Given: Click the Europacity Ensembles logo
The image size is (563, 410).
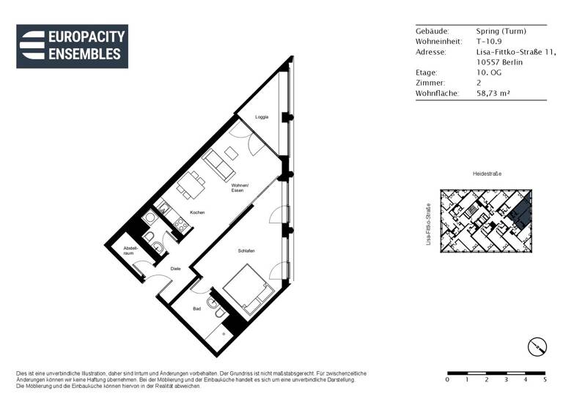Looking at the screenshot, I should [72, 45].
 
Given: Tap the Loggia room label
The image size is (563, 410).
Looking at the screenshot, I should [262, 117].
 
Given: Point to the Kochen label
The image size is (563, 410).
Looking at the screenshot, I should [197, 212].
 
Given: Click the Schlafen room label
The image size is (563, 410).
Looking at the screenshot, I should [246, 251].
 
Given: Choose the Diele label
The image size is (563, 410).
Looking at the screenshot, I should [175, 269].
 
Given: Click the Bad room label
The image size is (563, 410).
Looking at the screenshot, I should [196, 309].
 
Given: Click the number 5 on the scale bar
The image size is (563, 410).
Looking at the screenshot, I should [545, 380].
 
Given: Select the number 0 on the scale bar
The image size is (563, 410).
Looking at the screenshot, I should [447, 380].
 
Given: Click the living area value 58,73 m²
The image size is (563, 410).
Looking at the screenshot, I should [496, 94].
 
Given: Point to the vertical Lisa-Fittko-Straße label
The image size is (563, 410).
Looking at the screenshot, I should [427, 223].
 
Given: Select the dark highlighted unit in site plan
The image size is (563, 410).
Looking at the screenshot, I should [520, 213].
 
